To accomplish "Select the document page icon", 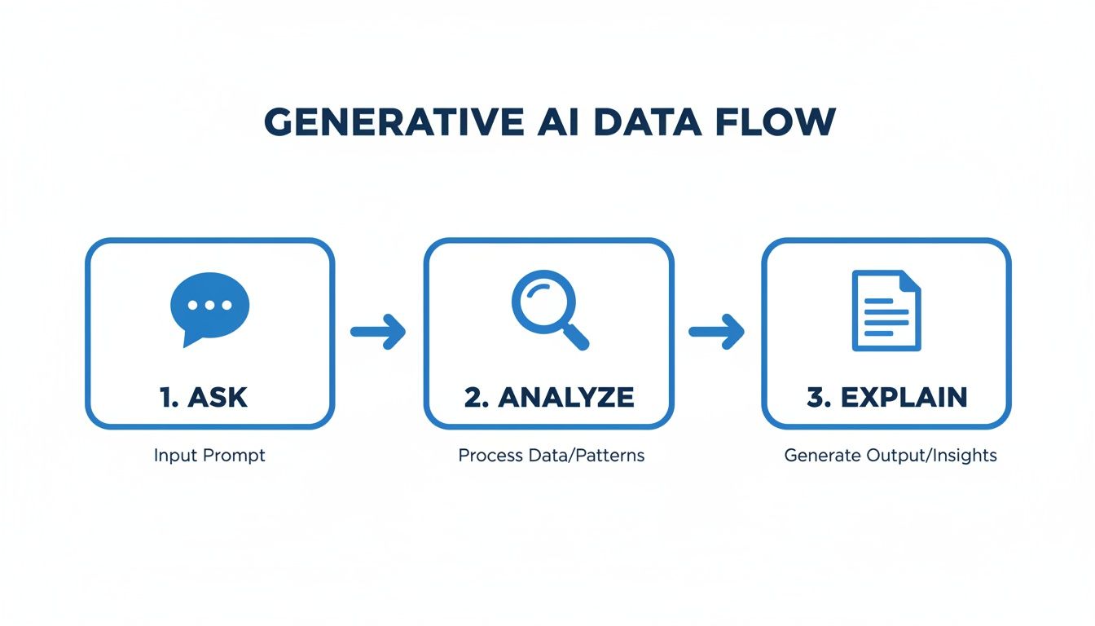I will pos(886,311).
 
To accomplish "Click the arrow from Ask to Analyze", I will pos(378,332).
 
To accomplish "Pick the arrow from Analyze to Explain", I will pos(716,332).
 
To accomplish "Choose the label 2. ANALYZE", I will pos(548,397).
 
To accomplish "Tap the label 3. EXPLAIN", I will pos(886,397).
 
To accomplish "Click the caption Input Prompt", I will pos(209,456).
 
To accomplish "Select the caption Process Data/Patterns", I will pos(551,456).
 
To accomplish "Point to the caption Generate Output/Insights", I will pos(890,456).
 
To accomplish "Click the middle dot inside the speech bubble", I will pos(209,305).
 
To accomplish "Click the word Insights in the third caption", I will pos(966,456).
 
